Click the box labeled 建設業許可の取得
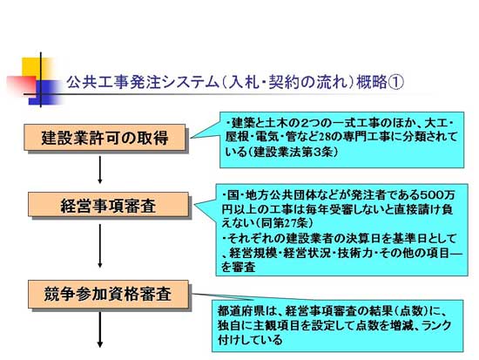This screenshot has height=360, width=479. pyautogui.click(x=105, y=138)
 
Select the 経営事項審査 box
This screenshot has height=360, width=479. pyautogui.click(x=108, y=205)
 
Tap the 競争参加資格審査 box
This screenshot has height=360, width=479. pyautogui.click(x=108, y=295)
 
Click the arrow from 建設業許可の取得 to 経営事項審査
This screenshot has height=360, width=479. pyautogui.click(x=100, y=170)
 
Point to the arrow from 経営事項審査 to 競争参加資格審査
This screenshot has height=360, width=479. pyautogui.click(x=100, y=246)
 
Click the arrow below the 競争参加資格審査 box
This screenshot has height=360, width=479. pyautogui.click(x=100, y=329)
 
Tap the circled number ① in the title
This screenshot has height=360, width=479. pyautogui.click(x=395, y=82)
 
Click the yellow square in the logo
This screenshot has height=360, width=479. pyautogui.click(x=34, y=68)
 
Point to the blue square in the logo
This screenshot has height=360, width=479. pyautogui.click(x=46, y=92)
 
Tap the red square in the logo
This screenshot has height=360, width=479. pyautogui.click(x=22, y=85)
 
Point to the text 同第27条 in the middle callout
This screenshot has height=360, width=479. pyautogui.click(x=282, y=223)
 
